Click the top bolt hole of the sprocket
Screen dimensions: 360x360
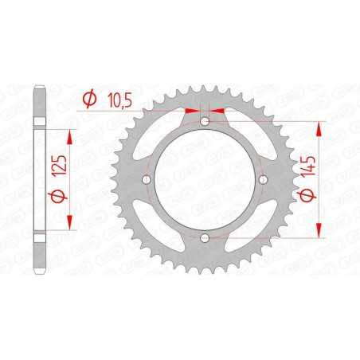tap(205, 121)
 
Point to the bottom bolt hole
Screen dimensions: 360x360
tap(205, 238)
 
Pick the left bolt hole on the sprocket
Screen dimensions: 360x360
tap(146, 180)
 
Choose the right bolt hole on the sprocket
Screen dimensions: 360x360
tap(264, 180)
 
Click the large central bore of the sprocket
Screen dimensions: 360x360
tap(205, 180)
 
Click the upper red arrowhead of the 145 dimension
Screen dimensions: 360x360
tap(320, 126)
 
